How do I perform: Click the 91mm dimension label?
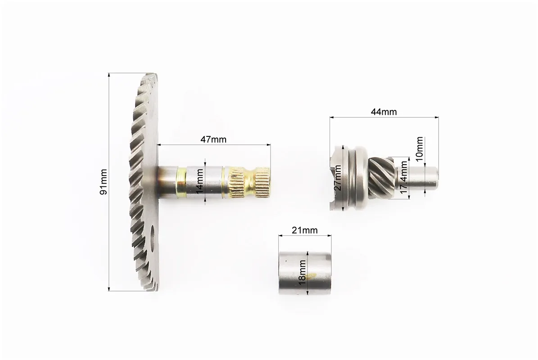(x=103, y=182)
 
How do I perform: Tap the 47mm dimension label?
(x=213, y=139)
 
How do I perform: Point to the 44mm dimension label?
(x=384, y=112)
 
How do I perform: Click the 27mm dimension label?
(x=338, y=178)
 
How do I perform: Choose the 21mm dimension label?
(x=304, y=230)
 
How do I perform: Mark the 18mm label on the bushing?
(x=302, y=272)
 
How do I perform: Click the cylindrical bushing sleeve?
(x=305, y=273)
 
